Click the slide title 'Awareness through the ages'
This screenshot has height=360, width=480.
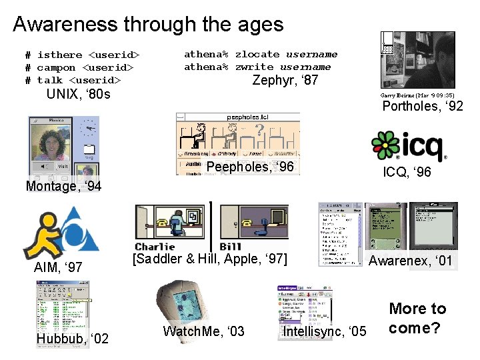point(148,25)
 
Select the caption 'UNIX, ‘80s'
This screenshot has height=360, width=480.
point(78,94)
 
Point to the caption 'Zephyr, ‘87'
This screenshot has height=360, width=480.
point(285,81)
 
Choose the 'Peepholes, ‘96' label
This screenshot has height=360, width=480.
point(250,167)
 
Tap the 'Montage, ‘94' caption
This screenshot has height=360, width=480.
point(63,186)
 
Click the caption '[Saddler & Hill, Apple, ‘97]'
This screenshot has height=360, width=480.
point(210,259)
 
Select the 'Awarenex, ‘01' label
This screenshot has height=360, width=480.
point(410,261)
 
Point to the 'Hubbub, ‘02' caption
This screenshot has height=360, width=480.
point(72,339)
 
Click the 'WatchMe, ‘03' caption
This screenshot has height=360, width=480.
point(203,331)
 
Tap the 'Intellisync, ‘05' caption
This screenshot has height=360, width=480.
point(325,331)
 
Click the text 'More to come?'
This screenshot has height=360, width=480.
point(417,318)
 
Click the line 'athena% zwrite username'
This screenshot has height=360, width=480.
point(257,67)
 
